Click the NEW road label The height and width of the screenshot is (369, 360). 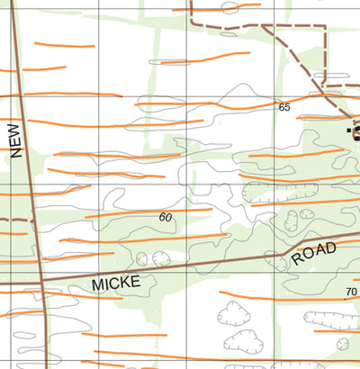[15, 141]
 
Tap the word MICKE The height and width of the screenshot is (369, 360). [116, 283]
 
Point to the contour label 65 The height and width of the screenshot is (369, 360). [284, 107]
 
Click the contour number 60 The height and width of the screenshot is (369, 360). [166, 217]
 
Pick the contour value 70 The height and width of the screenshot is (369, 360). [350, 292]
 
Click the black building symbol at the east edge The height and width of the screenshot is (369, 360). [356, 133]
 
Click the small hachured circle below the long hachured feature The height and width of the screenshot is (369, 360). [342, 344]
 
